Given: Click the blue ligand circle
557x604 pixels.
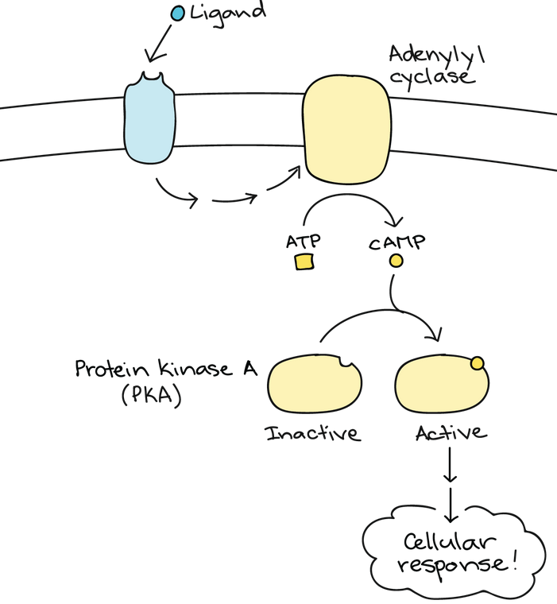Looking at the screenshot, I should [x=178, y=14].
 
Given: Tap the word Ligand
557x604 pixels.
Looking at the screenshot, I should [x=226, y=13].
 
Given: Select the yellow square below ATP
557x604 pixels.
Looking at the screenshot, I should [x=303, y=261].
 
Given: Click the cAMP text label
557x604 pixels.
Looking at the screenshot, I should [x=396, y=240].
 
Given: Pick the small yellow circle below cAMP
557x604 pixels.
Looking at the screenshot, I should [x=396, y=261].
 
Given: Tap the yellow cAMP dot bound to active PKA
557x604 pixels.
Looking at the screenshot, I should [x=477, y=364].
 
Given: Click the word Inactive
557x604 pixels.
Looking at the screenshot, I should [x=312, y=434].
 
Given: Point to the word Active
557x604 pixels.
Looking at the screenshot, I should [x=449, y=434].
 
